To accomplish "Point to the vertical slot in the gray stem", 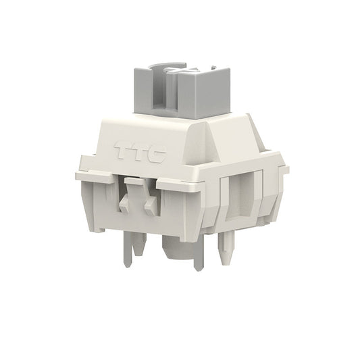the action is (161, 97).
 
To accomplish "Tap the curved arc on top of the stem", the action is (165, 65).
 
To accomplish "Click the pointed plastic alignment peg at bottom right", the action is (226, 249).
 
